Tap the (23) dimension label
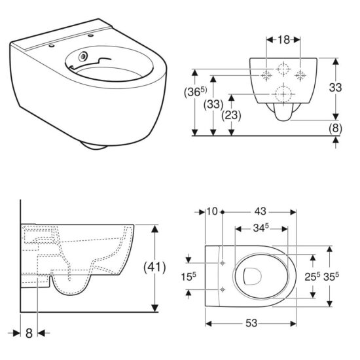(232, 115)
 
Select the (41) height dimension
(154, 267)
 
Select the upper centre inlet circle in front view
(283, 67)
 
